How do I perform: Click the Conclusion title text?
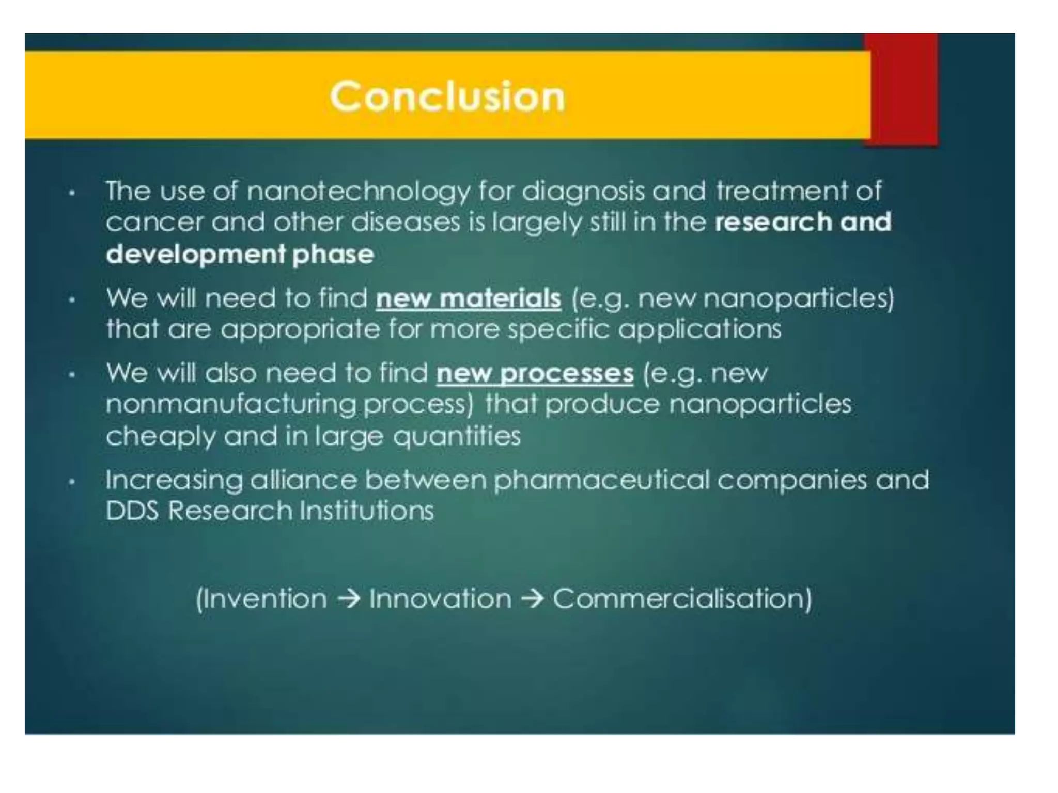coord(447,97)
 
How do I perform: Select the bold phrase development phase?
coord(240,254)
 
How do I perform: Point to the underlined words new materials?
coord(468,298)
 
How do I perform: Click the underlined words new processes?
coord(535,373)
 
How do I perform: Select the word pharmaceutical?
coord(601,481)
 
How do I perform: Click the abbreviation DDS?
coord(132,511)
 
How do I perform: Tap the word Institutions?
coord(367,511)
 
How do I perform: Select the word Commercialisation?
coord(682,599)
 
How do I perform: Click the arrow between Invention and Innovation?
coord(348,599)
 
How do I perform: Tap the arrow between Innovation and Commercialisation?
coord(532,599)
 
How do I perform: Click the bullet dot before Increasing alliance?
coord(72,482)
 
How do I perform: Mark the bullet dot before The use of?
coord(72,194)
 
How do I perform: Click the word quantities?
coord(457,436)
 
